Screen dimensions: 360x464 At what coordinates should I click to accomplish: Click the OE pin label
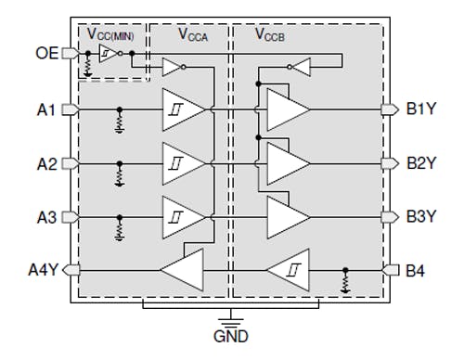click(x=46, y=53)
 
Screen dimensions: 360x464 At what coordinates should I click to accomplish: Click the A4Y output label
click(x=43, y=271)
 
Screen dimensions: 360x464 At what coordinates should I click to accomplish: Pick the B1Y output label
click(x=422, y=109)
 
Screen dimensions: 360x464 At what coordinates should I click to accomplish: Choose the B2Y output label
click(x=422, y=163)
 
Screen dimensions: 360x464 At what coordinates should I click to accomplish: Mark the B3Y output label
click(x=422, y=217)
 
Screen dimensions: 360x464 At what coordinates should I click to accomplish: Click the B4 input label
click(x=417, y=271)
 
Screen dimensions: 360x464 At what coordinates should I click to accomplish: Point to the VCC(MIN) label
click(x=112, y=33)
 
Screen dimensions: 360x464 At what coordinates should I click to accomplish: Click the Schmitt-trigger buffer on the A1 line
click(x=184, y=109)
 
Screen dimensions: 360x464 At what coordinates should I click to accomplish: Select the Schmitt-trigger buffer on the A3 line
click(x=184, y=217)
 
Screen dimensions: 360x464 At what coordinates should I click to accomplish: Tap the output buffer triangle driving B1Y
click(x=287, y=109)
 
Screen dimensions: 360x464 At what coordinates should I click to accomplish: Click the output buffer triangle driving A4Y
click(x=185, y=271)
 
